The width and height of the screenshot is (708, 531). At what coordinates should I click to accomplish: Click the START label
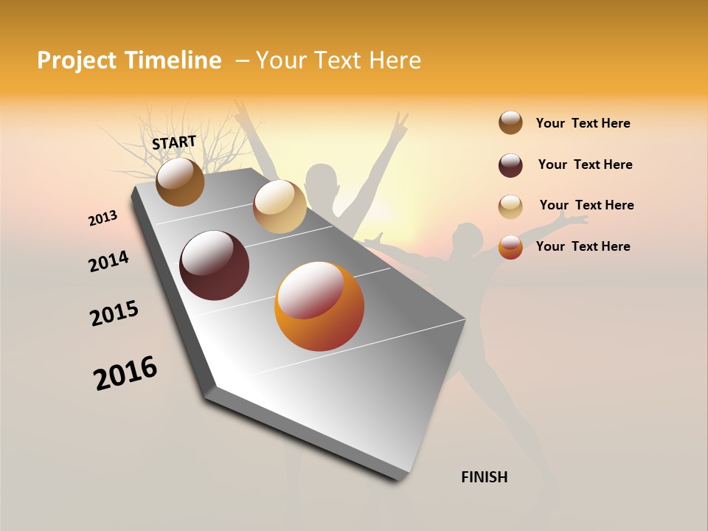click(174, 142)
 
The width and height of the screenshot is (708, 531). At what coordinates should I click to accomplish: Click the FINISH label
click(484, 477)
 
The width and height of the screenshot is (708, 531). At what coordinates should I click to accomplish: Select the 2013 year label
click(103, 218)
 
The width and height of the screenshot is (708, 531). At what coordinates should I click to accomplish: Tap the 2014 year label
click(108, 261)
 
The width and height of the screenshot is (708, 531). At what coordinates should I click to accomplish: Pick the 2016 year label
click(125, 373)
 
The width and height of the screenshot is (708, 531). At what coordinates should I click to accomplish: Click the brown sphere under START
click(181, 181)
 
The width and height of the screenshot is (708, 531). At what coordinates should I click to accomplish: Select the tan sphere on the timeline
click(280, 206)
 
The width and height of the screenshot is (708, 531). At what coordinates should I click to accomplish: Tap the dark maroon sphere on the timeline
click(214, 265)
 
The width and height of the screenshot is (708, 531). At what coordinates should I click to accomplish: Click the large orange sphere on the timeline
click(319, 306)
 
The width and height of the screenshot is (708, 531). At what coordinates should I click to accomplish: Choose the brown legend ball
click(510, 123)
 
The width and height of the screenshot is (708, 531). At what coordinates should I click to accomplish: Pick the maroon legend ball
click(510, 165)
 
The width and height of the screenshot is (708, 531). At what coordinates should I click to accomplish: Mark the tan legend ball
click(510, 206)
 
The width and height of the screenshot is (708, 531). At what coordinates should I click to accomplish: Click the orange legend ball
click(510, 247)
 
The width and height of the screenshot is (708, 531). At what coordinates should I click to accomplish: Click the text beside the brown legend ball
click(583, 123)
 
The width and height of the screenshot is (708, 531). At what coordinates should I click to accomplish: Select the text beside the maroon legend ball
click(585, 164)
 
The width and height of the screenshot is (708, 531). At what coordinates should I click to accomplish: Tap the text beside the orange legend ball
click(583, 246)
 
